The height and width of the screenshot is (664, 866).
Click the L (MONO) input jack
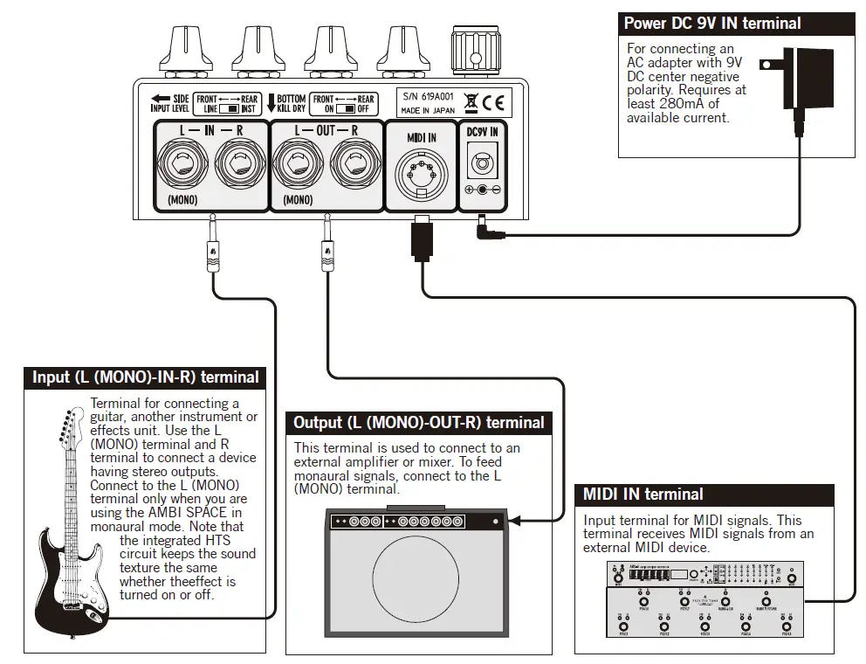pyautogui.click(x=183, y=164)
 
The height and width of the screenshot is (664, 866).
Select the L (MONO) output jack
pyautogui.click(x=299, y=164)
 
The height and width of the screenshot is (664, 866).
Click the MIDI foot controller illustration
pyautogui.click(x=704, y=601)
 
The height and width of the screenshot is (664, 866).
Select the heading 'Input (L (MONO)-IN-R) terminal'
pyautogui.click(x=146, y=377)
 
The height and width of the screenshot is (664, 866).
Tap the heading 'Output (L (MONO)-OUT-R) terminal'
pyautogui.click(x=418, y=423)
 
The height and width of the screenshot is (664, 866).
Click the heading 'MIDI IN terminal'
pyautogui.click(x=643, y=495)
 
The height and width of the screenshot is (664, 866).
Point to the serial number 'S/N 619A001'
pyautogui.click(x=428, y=97)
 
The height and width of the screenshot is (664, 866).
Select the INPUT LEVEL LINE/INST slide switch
pyautogui.click(x=229, y=109)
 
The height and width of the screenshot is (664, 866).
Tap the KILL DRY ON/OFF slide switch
pyautogui.click(x=345, y=109)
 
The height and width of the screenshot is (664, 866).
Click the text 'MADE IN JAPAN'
pyautogui.click(x=428, y=111)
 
